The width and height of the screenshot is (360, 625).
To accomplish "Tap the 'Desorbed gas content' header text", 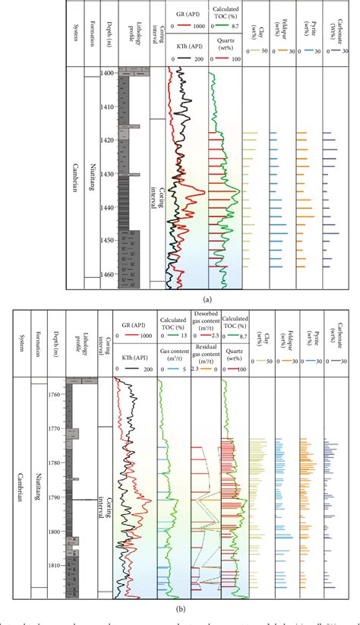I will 205,322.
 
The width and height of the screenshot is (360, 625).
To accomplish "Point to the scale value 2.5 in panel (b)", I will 216,336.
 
